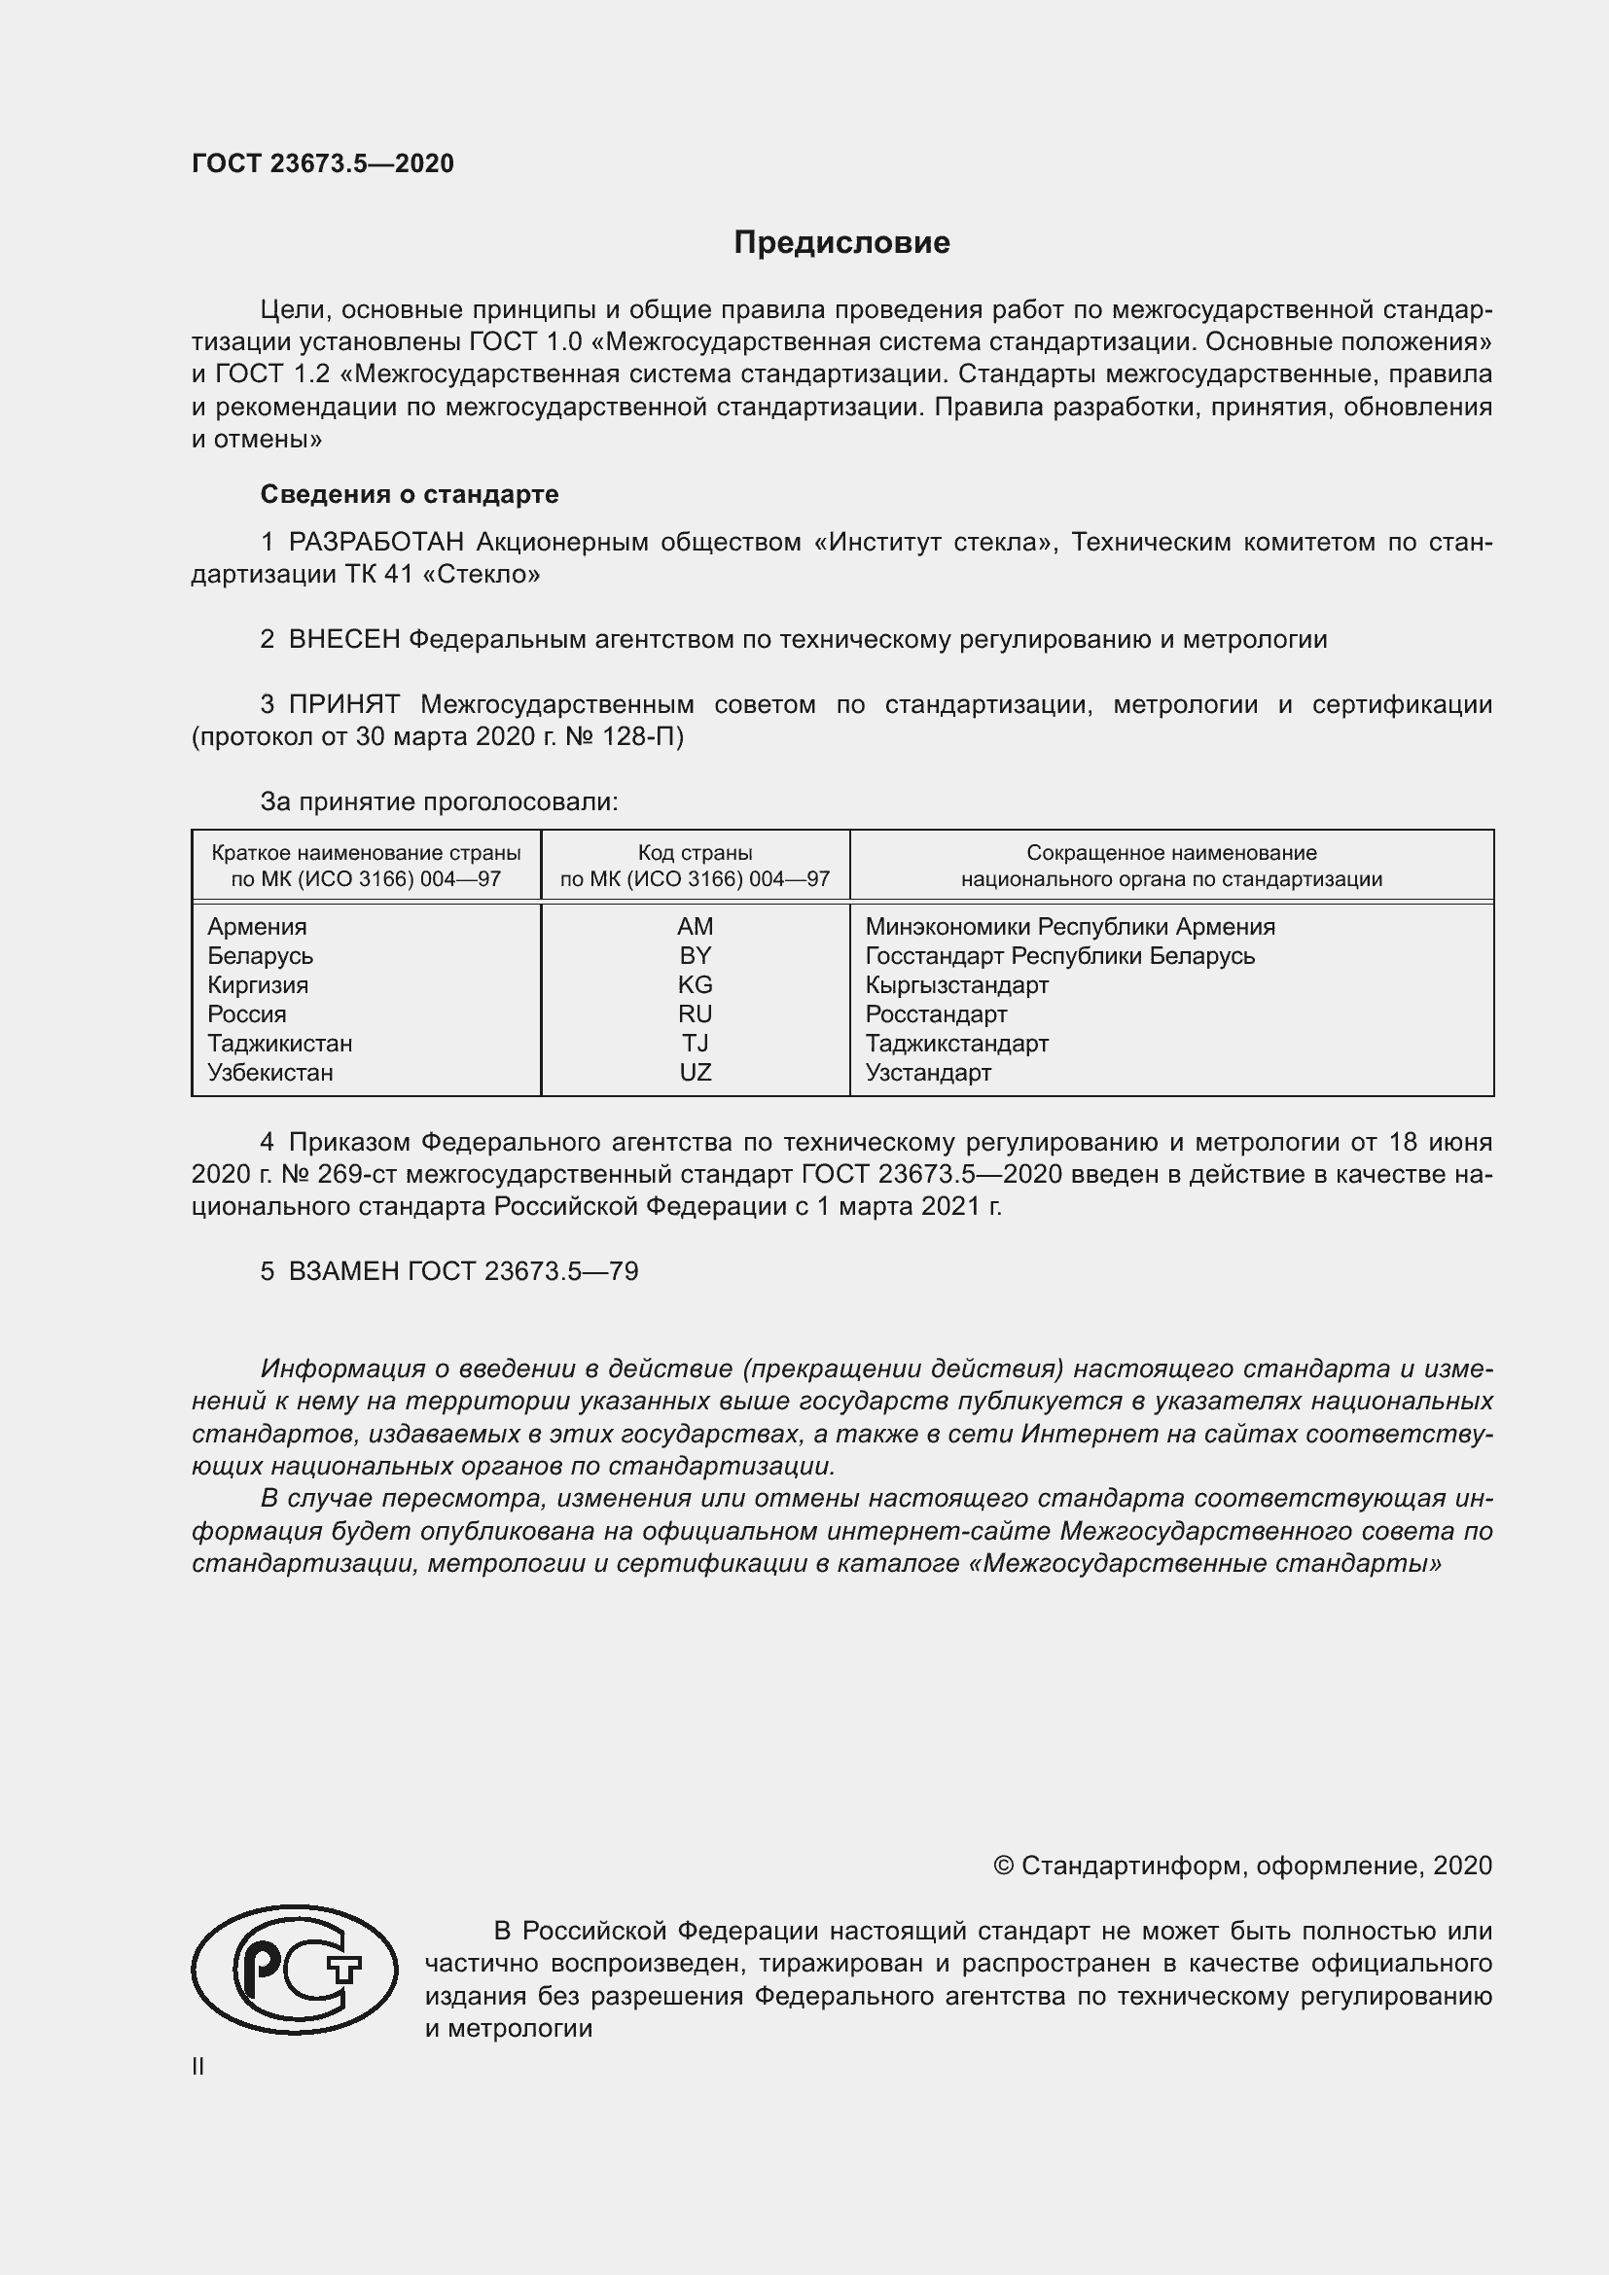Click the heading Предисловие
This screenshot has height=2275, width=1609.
click(x=841, y=243)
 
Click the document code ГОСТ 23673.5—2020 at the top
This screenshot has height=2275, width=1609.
click(x=323, y=163)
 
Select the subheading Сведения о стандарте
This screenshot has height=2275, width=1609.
click(x=410, y=493)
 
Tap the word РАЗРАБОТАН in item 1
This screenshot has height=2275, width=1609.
click(x=376, y=542)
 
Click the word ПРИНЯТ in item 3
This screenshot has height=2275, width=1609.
click(x=343, y=704)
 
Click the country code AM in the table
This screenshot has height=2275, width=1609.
click(x=695, y=927)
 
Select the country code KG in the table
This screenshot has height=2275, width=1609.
click(x=695, y=985)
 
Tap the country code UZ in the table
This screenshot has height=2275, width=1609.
click(x=695, y=1072)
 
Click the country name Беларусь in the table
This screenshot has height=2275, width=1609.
click(x=260, y=956)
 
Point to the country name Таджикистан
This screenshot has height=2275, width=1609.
click(x=279, y=1044)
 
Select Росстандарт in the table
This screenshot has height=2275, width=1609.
click(x=935, y=1014)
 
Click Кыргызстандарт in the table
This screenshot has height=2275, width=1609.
click(x=956, y=985)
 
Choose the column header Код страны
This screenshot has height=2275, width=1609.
click(x=695, y=852)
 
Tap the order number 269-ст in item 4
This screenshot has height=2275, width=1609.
click(x=359, y=1174)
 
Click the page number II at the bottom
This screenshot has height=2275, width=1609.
click(x=198, y=2066)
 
